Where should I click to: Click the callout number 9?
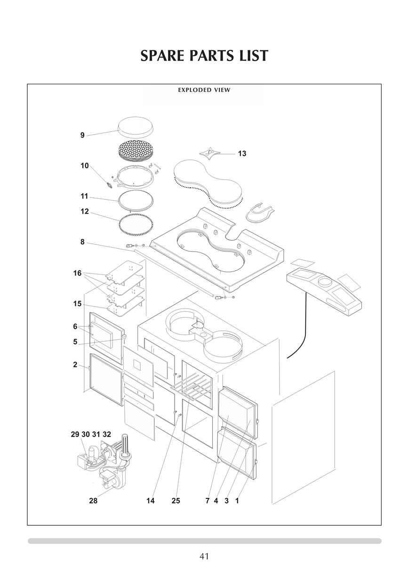pyautogui.click(x=82, y=135)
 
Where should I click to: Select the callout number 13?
pyautogui.click(x=242, y=154)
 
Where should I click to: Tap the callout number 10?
pyautogui.click(x=85, y=166)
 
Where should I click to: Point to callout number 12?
pyautogui.click(x=85, y=212)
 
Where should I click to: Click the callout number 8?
pyautogui.click(x=82, y=242)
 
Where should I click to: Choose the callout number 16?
pyautogui.click(x=77, y=273)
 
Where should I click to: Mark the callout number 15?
pyautogui.click(x=77, y=304)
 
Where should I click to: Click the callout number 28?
pyautogui.click(x=93, y=501)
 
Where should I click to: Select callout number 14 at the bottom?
pyautogui.click(x=150, y=501)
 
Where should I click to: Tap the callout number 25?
pyautogui.click(x=176, y=501)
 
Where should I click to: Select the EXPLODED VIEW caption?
pyautogui.click(x=204, y=90)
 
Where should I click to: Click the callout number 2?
pyautogui.click(x=75, y=365)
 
